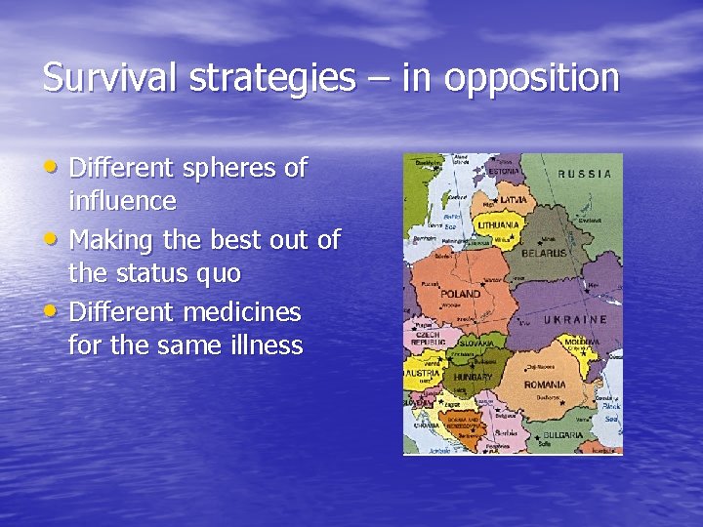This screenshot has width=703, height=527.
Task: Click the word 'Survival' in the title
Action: pyautogui.click(x=102, y=78)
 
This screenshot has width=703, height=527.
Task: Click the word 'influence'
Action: pyautogui.click(x=122, y=202)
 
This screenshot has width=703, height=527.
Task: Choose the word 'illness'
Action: pyautogui.click(x=262, y=345)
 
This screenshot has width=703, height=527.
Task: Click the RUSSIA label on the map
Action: pyautogui.click(x=585, y=174)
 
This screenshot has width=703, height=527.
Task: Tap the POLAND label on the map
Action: pyautogui.click(x=460, y=293)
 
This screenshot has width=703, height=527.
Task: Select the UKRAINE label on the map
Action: pyautogui.click(x=576, y=319)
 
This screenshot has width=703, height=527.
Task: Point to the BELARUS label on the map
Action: pyautogui.click(x=543, y=252)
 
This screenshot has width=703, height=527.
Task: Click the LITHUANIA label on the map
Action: pyautogui.click(x=497, y=224)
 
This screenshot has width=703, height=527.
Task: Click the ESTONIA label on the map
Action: pyautogui.click(x=505, y=171)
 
